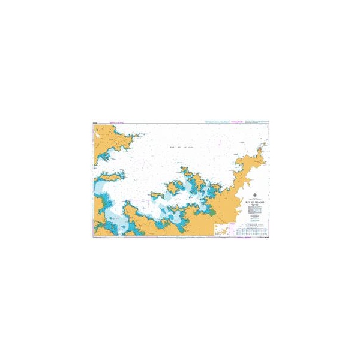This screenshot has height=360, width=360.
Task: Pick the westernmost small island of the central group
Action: pos(157,194)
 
